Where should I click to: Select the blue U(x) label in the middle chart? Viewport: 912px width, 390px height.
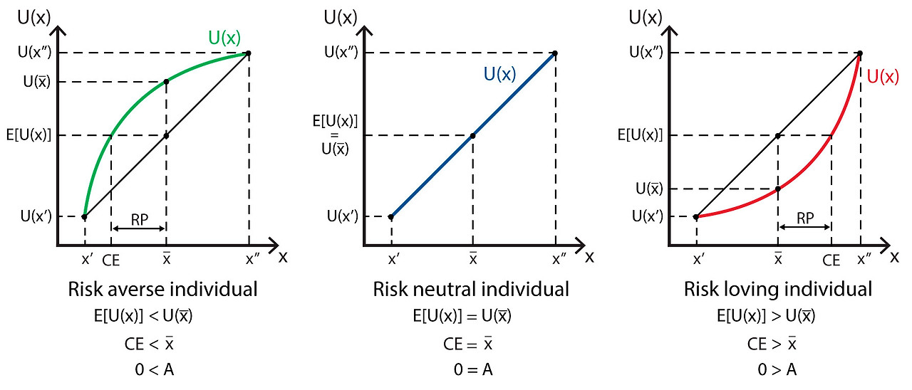pos(499,74)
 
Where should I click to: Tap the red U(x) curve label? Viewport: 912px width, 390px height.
pos(883,77)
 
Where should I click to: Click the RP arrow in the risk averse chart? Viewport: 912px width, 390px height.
pos(138,228)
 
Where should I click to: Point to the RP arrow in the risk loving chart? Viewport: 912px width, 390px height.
pos(804,228)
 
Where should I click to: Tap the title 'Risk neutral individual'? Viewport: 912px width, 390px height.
pos(471,290)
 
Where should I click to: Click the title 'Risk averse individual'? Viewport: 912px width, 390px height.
pos(162,290)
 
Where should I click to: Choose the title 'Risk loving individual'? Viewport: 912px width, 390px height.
pos(778,290)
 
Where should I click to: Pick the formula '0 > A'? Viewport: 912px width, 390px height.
pos(778,369)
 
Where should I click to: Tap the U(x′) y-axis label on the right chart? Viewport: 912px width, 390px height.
pos(648,216)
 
